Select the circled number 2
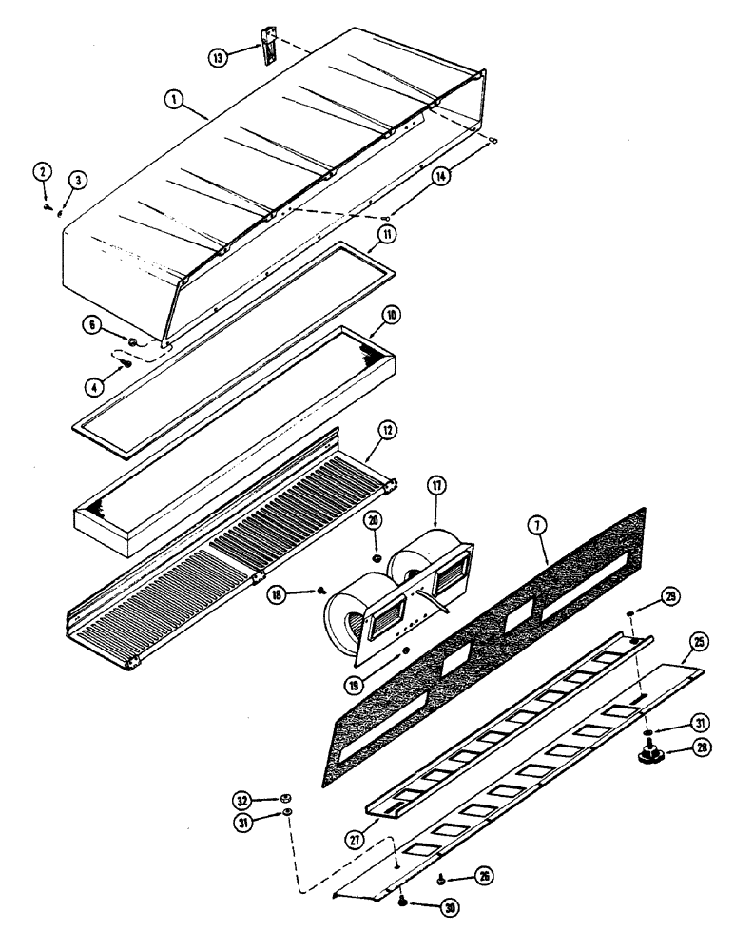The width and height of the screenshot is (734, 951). [43, 172]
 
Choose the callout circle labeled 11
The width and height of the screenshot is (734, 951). [387, 231]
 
